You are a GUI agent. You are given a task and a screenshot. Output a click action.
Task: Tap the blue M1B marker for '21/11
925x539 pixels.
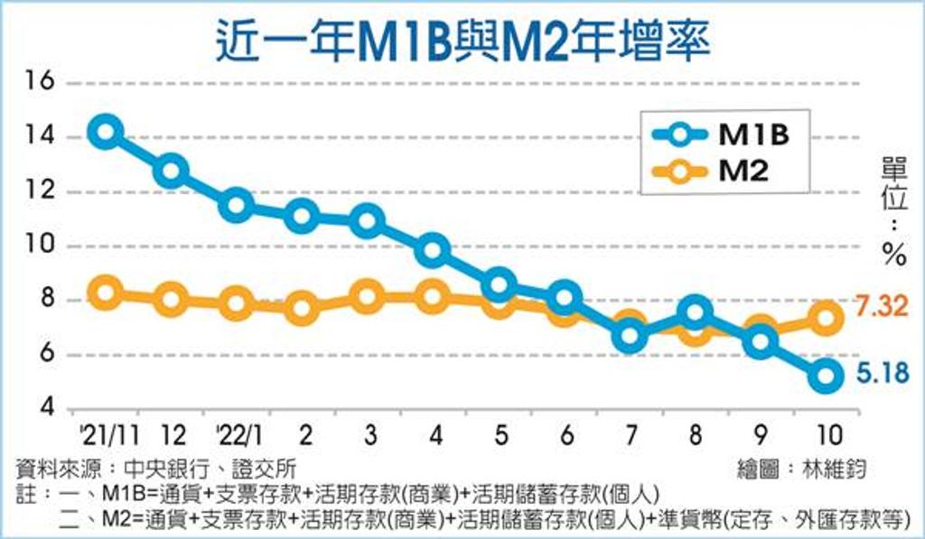pyautogui.click(x=106, y=132)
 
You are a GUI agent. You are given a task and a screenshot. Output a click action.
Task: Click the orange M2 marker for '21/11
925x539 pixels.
pyautogui.click(x=106, y=292)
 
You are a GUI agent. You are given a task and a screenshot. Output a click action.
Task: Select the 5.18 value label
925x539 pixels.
pyautogui.click(x=875, y=373)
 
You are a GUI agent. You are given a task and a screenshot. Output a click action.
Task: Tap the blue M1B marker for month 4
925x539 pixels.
pyautogui.click(x=434, y=250)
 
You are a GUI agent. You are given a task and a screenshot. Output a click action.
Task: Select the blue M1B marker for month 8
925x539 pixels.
pyautogui.click(x=695, y=313)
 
